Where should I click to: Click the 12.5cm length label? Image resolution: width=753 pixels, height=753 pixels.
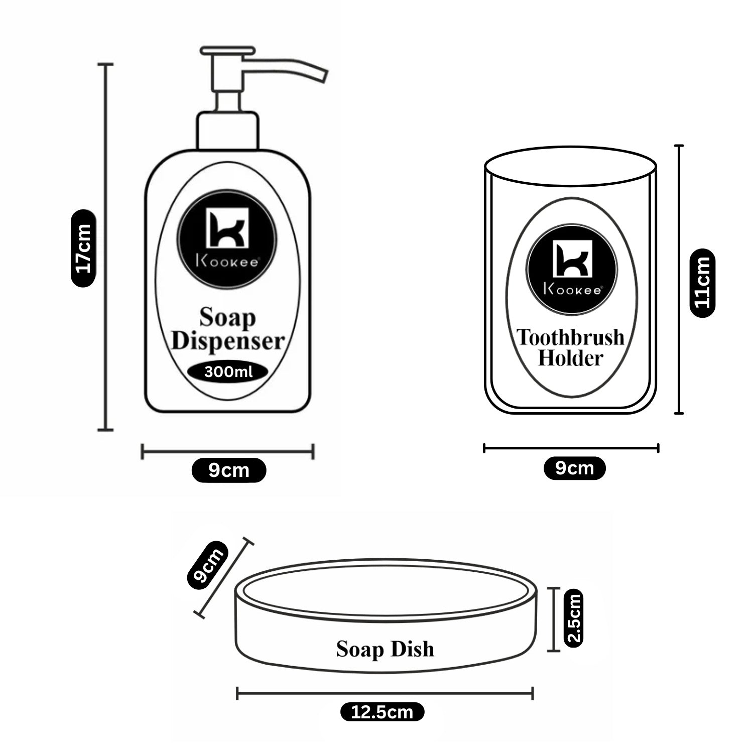pyautogui.click(x=383, y=711)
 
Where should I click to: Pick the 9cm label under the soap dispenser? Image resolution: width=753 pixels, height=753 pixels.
pyautogui.click(x=228, y=470)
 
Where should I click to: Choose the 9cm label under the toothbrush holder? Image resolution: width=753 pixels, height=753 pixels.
pyautogui.click(x=575, y=468)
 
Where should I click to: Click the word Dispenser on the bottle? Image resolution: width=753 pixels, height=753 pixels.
pyautogui.click(x=228, y=341)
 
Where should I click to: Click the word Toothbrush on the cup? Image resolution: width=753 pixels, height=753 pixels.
pyautogui.click(x=571, y=337)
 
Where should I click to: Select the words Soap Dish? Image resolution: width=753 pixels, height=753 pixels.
pyautogui.click(x=385, y=649)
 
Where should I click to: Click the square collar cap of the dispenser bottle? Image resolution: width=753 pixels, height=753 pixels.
pyautogui.click(x=228, y=131)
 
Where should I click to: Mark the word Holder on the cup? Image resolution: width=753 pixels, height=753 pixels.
pyautogui.click(x=570, y=358)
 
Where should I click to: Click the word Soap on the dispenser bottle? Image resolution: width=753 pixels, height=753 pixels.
pyautogui.click(x=228, y=318)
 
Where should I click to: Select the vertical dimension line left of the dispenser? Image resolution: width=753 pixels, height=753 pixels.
pyautogui.click(x=105, y=247)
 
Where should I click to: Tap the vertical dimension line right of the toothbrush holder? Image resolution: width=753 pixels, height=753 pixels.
pyautogui.click(x=679, y=279)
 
